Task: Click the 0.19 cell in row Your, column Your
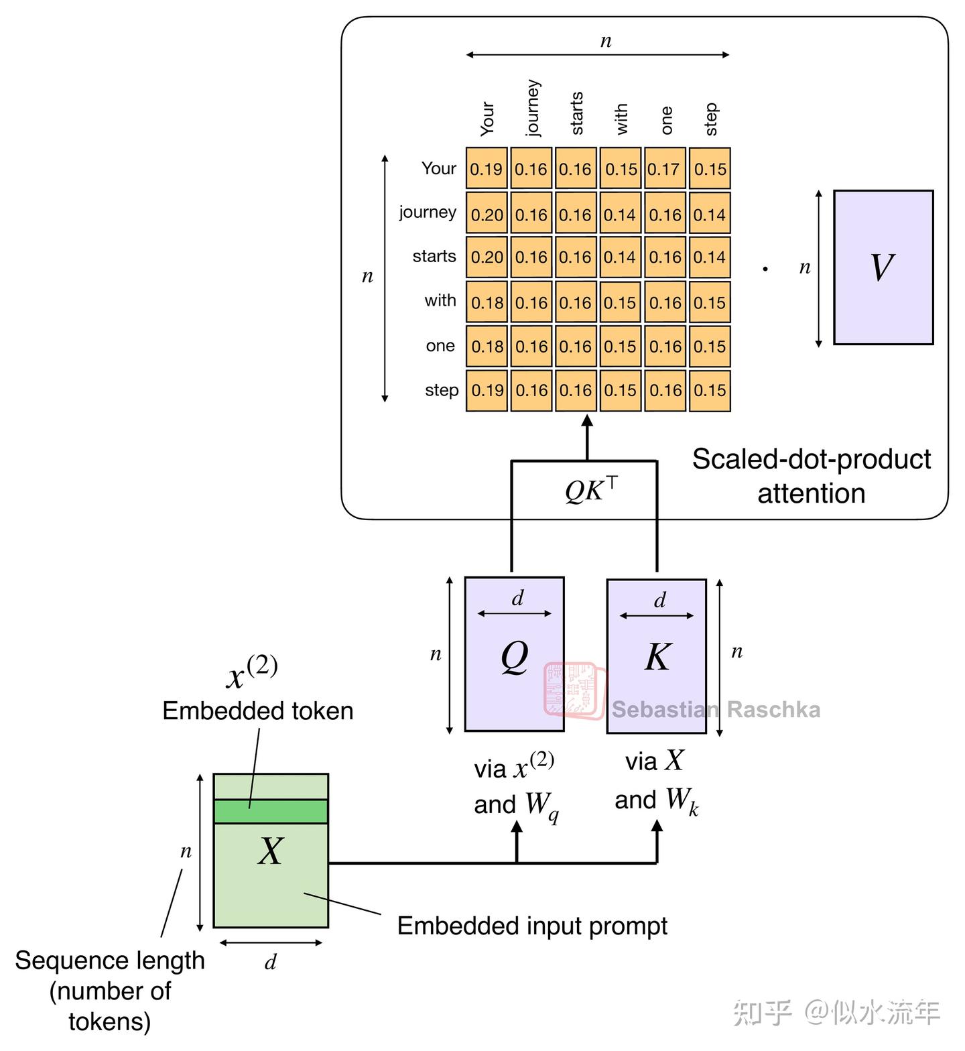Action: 487,168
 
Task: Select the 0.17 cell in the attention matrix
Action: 665,168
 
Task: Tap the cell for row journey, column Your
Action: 487,214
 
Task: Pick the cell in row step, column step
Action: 710,390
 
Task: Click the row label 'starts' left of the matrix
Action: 434,256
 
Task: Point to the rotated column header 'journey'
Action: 532,107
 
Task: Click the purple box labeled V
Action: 883,267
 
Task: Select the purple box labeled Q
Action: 514,654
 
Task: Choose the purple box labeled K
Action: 656,656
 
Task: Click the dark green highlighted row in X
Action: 271,811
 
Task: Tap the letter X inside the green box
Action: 271,851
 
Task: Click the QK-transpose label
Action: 591,491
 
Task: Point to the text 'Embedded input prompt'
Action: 532,926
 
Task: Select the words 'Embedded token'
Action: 258,710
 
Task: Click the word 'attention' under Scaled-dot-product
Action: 811,493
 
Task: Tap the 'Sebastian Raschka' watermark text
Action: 716,709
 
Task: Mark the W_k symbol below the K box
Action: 682,800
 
